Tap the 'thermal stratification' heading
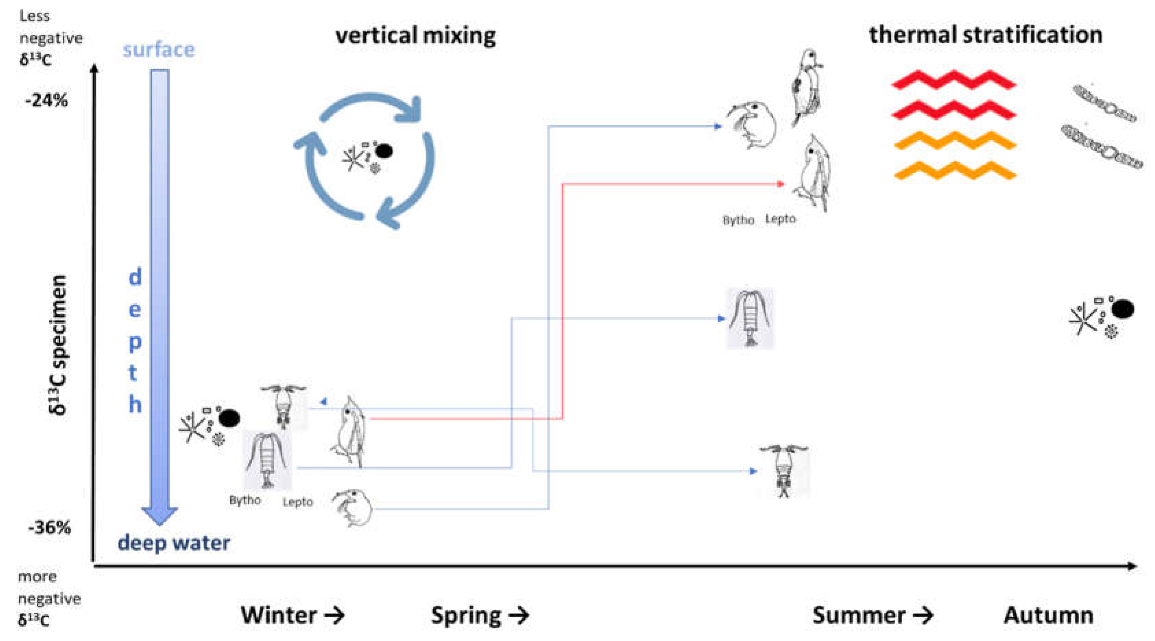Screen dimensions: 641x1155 point(986,35)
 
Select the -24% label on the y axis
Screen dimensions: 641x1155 point(47,101)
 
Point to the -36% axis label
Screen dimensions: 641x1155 point(49,527)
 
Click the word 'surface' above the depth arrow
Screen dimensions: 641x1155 point(159,50)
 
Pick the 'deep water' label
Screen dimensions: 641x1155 point(174,543)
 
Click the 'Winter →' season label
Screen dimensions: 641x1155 point(292,615)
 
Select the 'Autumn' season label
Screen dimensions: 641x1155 point(1048,615)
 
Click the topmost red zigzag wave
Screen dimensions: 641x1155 point(954,81)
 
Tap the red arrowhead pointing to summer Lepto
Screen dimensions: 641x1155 point(781,184)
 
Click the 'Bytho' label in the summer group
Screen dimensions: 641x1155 point(738,220)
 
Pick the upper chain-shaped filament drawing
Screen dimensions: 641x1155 point(1104,104)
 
